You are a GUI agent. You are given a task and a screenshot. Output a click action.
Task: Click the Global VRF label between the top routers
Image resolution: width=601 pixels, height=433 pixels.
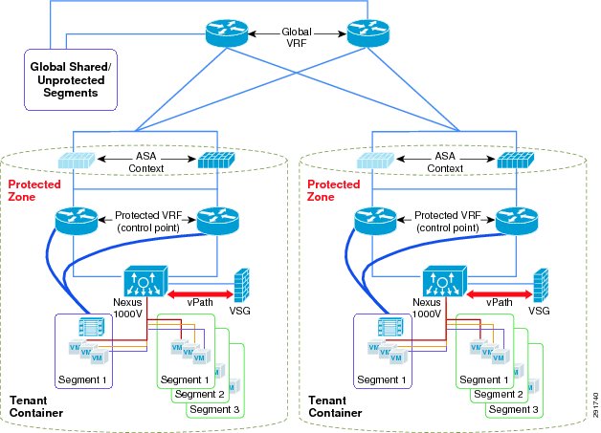(297, 37)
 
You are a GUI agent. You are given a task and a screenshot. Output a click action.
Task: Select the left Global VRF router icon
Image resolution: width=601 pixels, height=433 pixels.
(227, 33)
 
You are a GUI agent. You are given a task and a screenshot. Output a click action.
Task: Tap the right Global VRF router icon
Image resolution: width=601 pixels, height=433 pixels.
(367, 33)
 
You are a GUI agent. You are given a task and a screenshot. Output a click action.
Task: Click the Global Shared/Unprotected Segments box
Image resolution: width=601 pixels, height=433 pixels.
(71, 79)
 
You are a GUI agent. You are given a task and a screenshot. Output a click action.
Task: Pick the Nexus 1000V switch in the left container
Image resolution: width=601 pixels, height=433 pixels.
(145, 281)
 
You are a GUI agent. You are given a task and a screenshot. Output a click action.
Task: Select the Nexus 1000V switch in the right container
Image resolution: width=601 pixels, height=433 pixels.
(445, 281)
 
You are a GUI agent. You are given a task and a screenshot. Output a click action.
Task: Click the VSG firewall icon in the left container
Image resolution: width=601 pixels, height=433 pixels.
(242, 285)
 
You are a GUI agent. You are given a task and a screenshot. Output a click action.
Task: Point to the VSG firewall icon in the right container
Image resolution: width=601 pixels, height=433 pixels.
(541, 285)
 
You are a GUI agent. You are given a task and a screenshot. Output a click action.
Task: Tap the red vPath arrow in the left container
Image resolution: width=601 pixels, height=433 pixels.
(200, 294)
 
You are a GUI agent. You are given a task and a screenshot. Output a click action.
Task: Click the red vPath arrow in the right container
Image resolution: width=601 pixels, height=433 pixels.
(500, 294)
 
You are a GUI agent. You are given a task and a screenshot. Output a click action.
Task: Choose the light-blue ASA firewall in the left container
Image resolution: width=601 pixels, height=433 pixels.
(77, 161)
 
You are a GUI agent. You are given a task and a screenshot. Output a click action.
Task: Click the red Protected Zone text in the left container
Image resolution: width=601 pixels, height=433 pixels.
(34, 190)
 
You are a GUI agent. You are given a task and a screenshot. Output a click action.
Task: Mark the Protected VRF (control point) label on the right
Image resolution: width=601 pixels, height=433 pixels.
(448, 222)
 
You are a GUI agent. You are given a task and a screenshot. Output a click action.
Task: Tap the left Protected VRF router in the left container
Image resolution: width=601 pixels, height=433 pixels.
(77, 221)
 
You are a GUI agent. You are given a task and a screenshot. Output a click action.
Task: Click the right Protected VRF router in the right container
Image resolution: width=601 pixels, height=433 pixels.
(517, 221)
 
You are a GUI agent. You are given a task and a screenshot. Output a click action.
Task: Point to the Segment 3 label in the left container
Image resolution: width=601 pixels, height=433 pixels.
(214, 409)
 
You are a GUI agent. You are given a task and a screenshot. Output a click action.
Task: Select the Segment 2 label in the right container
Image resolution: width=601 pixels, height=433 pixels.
(499, 394)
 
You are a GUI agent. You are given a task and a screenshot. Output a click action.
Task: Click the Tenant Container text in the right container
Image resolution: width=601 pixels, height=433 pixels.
(335, 406)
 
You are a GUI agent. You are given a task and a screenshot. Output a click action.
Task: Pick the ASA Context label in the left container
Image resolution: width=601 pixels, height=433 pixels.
(146, 162)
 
